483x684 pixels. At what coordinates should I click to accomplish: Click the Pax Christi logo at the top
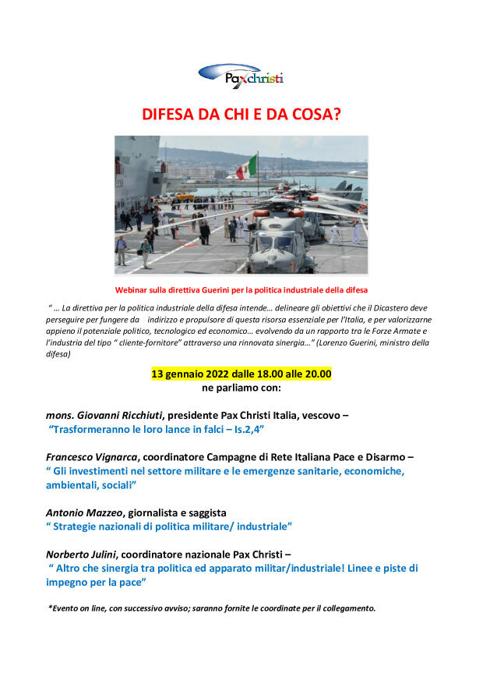pos(241,76)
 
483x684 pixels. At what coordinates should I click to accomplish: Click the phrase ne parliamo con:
pos(241,388)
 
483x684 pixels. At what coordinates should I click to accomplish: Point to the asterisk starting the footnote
pos(50,608)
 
